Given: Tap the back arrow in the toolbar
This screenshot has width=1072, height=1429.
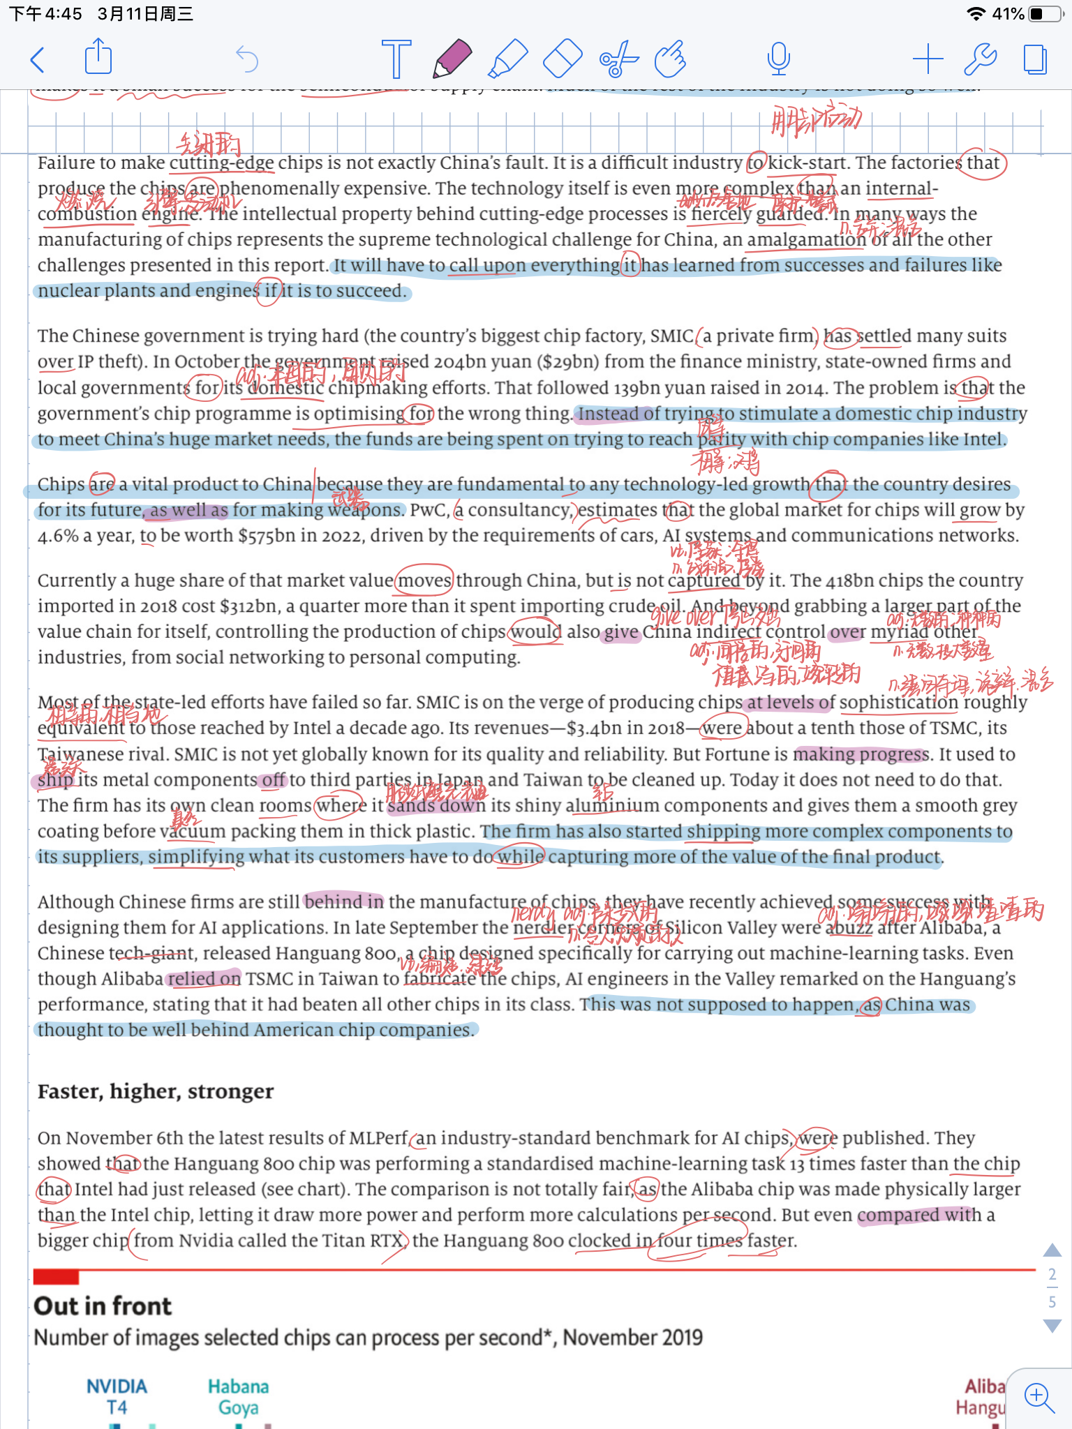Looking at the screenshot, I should (x=38, y=60).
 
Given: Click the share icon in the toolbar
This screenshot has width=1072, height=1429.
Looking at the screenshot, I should (x=98, y=57).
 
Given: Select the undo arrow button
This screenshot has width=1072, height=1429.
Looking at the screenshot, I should (x=247, y=59).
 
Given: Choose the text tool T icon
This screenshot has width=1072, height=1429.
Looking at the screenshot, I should (x=396, y=59).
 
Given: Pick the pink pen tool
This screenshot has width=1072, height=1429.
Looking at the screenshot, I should (x=452, y=59).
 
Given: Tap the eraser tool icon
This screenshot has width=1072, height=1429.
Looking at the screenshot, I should (x=563, y=59).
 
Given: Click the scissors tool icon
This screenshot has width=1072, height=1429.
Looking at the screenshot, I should (x=618, y=59).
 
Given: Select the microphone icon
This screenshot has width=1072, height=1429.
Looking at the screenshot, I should (x=778, y=59).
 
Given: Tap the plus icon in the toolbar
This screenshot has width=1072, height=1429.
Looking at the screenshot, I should (x=928, y=59).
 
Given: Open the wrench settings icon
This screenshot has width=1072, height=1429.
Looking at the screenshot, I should (x=980, y=59).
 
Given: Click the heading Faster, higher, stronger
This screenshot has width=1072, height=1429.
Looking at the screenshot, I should (x=156, y=1091).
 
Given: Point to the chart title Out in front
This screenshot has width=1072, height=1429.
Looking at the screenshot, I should (x=103, y=1305).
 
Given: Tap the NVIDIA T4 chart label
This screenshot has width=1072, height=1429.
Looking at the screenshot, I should (x=117, y=1396).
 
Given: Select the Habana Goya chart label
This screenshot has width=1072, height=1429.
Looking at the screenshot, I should (x=238, y=1396).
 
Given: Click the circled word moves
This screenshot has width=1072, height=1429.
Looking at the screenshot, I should (x=425, y=581).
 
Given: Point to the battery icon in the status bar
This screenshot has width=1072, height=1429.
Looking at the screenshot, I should (x=1045, y=13).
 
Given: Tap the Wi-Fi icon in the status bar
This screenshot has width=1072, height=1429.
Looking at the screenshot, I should (x=976, y=13).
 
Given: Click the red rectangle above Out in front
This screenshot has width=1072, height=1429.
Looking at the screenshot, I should (x=56, y=1278).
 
